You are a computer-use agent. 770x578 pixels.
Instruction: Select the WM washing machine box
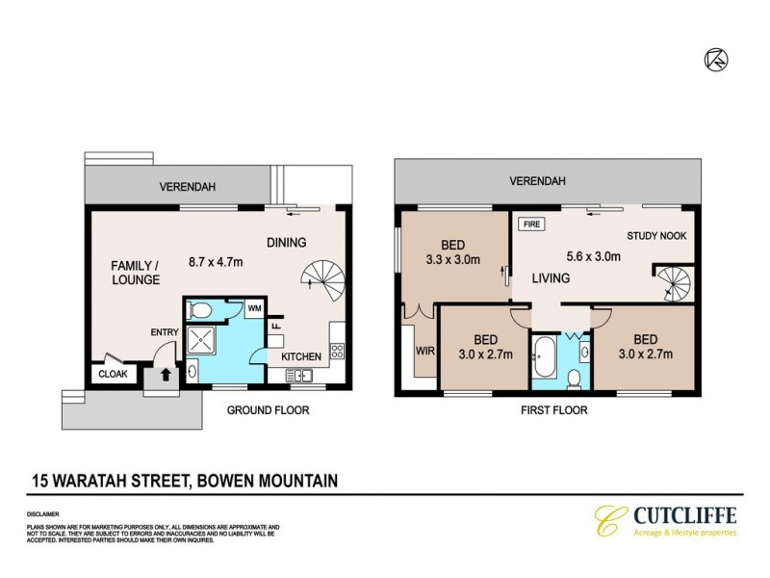tap(255, 308)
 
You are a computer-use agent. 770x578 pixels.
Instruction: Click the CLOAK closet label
tap(108, 374)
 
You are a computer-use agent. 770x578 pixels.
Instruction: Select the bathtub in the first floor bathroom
tap(546, 356)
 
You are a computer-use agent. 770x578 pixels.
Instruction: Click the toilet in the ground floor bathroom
tap(199, 310)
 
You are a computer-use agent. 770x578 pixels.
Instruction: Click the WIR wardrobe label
tap(423, 352)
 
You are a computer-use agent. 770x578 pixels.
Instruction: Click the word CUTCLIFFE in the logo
tap(683, 517)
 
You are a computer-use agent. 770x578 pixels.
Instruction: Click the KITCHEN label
tap(301, 356)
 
